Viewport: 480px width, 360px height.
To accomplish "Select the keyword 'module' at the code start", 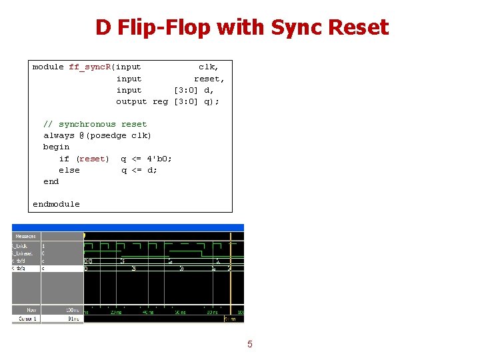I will [48, 67].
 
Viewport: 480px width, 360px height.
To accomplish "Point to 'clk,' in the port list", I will [208, 67].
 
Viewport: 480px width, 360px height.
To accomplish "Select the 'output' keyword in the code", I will [131, 101].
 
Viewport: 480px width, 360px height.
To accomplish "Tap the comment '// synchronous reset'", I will [95, 124].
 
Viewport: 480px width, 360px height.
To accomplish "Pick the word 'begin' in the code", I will [56, 147].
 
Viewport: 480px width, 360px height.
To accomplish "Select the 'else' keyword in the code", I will [69, 170].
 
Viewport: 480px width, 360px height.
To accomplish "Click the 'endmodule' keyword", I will [56, 204].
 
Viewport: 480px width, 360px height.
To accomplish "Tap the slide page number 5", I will [250, 344].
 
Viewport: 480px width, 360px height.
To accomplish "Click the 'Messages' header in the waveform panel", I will [25, 236].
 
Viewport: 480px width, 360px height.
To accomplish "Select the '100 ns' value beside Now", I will [72, 311].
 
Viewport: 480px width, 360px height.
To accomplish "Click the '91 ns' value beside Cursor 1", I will [74, 319].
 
